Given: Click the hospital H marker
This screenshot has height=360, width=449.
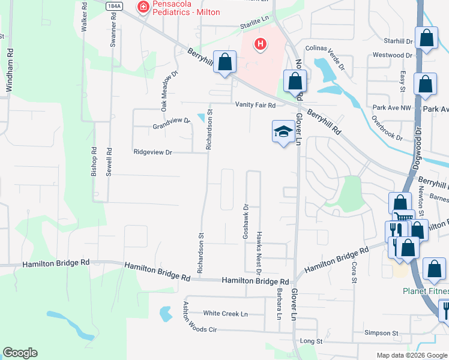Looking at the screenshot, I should tap(261, 44).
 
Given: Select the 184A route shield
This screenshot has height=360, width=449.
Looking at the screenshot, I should tap(114, 5).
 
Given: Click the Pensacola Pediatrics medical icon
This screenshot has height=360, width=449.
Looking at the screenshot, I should tap(143, 7).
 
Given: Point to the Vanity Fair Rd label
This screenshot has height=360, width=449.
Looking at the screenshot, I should tap(255, 105).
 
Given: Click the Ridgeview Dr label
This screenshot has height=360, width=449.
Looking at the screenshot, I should tap(152, 153).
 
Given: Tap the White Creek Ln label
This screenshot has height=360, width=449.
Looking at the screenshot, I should tap(225, 314).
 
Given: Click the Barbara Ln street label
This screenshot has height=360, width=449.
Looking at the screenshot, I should tap(279, 303).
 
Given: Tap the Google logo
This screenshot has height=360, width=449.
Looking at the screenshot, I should tap(20, 353).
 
